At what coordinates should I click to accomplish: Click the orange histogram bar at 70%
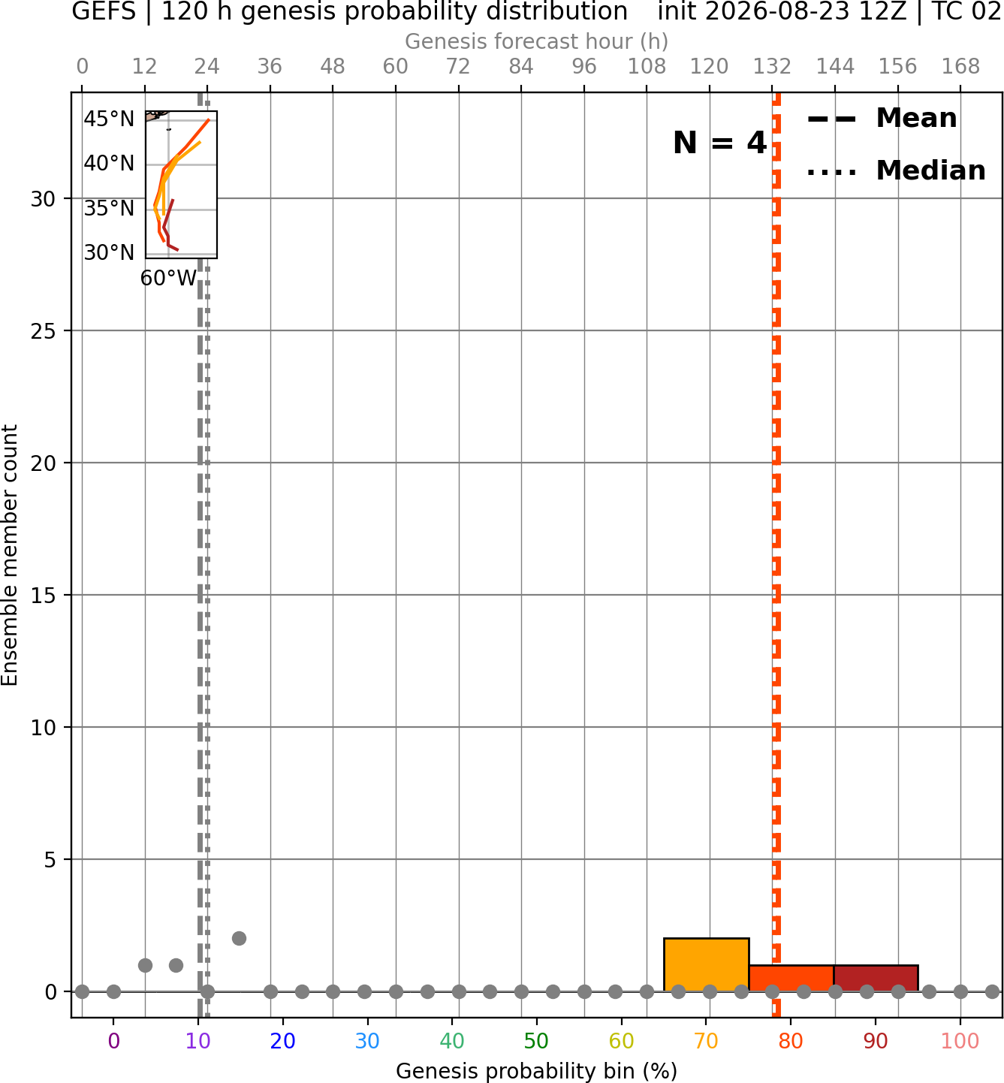[x=706, y=964]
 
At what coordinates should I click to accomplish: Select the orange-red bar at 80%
[x=791, y=979]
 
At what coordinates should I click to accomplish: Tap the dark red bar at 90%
[x=876, y=979]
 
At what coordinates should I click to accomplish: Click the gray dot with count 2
[x=239, y=939]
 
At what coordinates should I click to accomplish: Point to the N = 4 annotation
[x=720, y=143]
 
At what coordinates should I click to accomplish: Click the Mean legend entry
[x=882, y=118]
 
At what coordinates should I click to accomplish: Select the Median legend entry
[x=897, y=170]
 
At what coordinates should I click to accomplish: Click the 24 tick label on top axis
[x=207, y=67]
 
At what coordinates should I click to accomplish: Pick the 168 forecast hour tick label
[x=960, y=67]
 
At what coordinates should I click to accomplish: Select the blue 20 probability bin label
[x=283, y=1041]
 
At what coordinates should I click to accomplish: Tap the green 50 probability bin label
[x=537, y=1041]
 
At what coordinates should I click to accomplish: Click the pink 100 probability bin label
[x=960, y=1041]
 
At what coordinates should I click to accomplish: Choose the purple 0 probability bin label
[x=113, y=1041]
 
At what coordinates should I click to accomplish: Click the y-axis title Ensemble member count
[x=10, y=555]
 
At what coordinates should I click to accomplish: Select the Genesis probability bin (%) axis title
[x=537, y=1071]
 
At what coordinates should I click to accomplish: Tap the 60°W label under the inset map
[x=168, y=278]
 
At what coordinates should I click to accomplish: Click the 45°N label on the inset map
[x=109, y=119]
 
